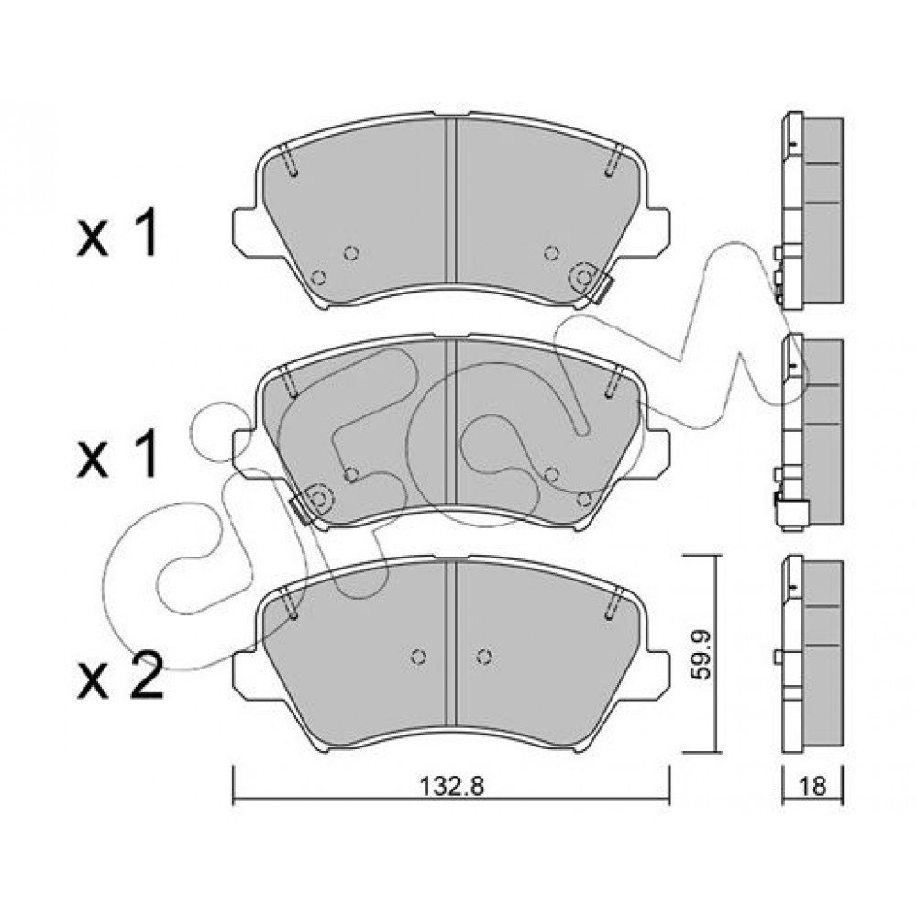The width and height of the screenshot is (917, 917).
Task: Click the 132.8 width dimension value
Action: coord(452,786)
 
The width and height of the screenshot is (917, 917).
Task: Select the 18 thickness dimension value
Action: coord(812,786)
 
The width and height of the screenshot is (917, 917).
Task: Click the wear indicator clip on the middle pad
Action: coord(302,511)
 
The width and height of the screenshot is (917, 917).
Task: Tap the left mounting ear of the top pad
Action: coord(245,232)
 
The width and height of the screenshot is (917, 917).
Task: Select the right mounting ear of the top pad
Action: coord(657,232)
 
